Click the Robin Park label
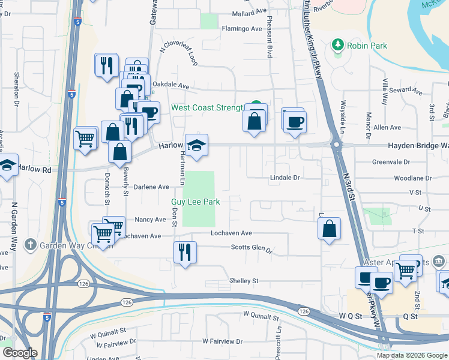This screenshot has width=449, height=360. coord(367,46)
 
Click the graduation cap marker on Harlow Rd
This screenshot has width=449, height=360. coord(196,146)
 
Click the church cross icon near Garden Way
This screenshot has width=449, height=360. coord(31,245)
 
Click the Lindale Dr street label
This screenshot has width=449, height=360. coord(285,178)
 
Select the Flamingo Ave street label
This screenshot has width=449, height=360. coord(242,28)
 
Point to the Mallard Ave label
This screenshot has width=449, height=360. coord(249,11)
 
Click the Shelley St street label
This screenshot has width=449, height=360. coord(243,281)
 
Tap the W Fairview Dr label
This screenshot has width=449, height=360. coord(222,341)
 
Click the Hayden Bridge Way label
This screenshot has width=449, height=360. coord(418,146)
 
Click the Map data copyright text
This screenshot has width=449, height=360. coord(411,355)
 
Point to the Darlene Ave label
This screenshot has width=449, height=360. coord(151,187)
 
